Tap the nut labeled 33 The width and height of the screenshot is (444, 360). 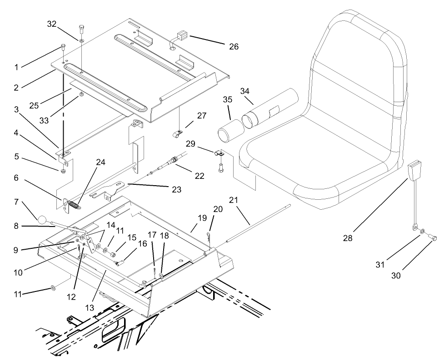(x=80, y=94)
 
